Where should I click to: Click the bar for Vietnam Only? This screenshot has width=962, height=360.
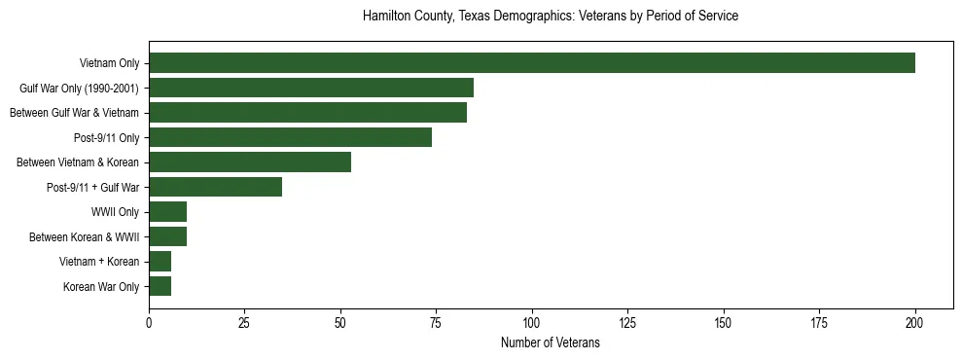(532, 63)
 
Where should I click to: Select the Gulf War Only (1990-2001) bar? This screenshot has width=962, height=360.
(311, 88)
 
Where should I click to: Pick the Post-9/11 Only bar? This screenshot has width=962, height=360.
(290, 137)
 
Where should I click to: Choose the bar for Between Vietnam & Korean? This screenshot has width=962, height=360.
(250, 162)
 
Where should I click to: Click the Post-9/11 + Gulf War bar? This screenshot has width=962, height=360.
(215, 187)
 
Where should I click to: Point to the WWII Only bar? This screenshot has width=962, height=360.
(167, 211)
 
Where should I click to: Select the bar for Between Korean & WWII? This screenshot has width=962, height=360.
(167, 236)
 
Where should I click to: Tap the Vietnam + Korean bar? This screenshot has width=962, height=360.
(160, 261)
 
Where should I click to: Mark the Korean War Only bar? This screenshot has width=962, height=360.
(160, 286)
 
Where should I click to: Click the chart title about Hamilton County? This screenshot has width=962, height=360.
(550, 17)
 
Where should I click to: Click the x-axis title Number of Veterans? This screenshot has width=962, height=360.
(550, 343)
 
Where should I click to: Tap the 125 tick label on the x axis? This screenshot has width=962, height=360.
(627, 322)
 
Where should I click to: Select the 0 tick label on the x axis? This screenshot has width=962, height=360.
(149, 322)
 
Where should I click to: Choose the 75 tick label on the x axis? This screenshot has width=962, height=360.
(436, 322)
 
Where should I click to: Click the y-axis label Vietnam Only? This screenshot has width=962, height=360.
(109, 63)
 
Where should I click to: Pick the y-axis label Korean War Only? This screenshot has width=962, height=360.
(102, 286)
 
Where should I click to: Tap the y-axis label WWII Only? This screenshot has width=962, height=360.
(115, 211)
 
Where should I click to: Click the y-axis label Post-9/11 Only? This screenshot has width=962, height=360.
(107, 137)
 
